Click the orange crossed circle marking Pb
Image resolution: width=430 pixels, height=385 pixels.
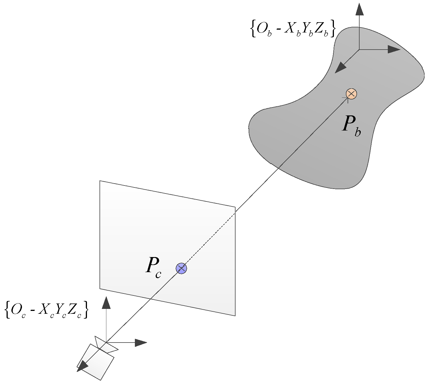pyautogui.click(x=351, y=94)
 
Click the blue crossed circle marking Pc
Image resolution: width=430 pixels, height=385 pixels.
pyautogui.click(x=181, y=268)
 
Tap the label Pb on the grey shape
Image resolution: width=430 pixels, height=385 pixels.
pyautogui.click(x=351, y=126)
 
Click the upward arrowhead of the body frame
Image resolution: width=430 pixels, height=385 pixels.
pyautogui.click(x=360, y=10)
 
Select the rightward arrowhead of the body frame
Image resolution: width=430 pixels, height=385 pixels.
pyautogui.click(x=394, y=49)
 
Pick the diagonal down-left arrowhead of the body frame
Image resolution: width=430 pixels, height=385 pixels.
pyautogui.click(x=340, y=68)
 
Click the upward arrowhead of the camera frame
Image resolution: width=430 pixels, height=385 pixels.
pyautogui.click(x=106, y=303)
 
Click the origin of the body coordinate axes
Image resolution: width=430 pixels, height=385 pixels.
pyautogui.click(x=359, y=49)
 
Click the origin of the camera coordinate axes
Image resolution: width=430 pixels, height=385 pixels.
pyautogui.click(x=106, y=342)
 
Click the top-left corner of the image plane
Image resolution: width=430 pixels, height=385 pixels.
pyautogui.click(x=100, y=181)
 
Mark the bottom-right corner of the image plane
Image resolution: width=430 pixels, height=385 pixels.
pyautogui.click(x=235, y=316)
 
